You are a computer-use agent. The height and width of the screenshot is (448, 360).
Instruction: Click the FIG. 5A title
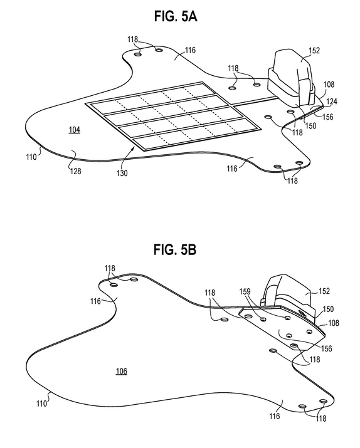[176, 16]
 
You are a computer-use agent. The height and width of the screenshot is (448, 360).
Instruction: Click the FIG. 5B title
[175, 249]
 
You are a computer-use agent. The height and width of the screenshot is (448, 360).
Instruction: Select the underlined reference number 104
[75, 130]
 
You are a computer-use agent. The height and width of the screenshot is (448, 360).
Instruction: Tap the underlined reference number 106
[122, 372]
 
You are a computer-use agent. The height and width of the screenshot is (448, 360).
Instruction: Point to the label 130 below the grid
[122, 173]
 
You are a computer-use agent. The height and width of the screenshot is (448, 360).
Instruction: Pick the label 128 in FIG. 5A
[76, 171]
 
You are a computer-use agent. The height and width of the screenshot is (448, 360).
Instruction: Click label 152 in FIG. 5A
[314, 50]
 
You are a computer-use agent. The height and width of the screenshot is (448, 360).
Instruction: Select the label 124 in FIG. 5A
[332, 102]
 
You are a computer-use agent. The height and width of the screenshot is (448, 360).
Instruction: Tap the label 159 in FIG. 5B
[245, 291]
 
